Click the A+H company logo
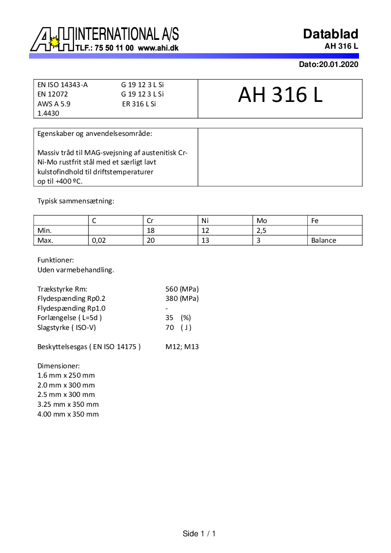click(x=52, y=39)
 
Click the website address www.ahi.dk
click(x=158, y=48)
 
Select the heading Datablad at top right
click(x=330, y=34)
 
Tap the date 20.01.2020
click(x=338, y=65)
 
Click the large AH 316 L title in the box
click(x=280, y=96)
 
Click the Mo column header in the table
click(x=261, y=221)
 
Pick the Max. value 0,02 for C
click(x=99, y=241)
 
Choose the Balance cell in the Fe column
click(x=324, y=241)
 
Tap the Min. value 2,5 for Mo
click(x=261, y=231)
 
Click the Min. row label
click(x=45, y=231)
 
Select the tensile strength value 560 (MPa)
click(x=182, y=289)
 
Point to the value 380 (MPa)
click(x=182, y=298)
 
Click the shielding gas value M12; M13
click(x=182, y=347)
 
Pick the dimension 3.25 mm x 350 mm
click(x=68, y=404)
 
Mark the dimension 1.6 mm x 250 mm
click(x=66, y=376)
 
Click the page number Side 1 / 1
click(x=199, y=534)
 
